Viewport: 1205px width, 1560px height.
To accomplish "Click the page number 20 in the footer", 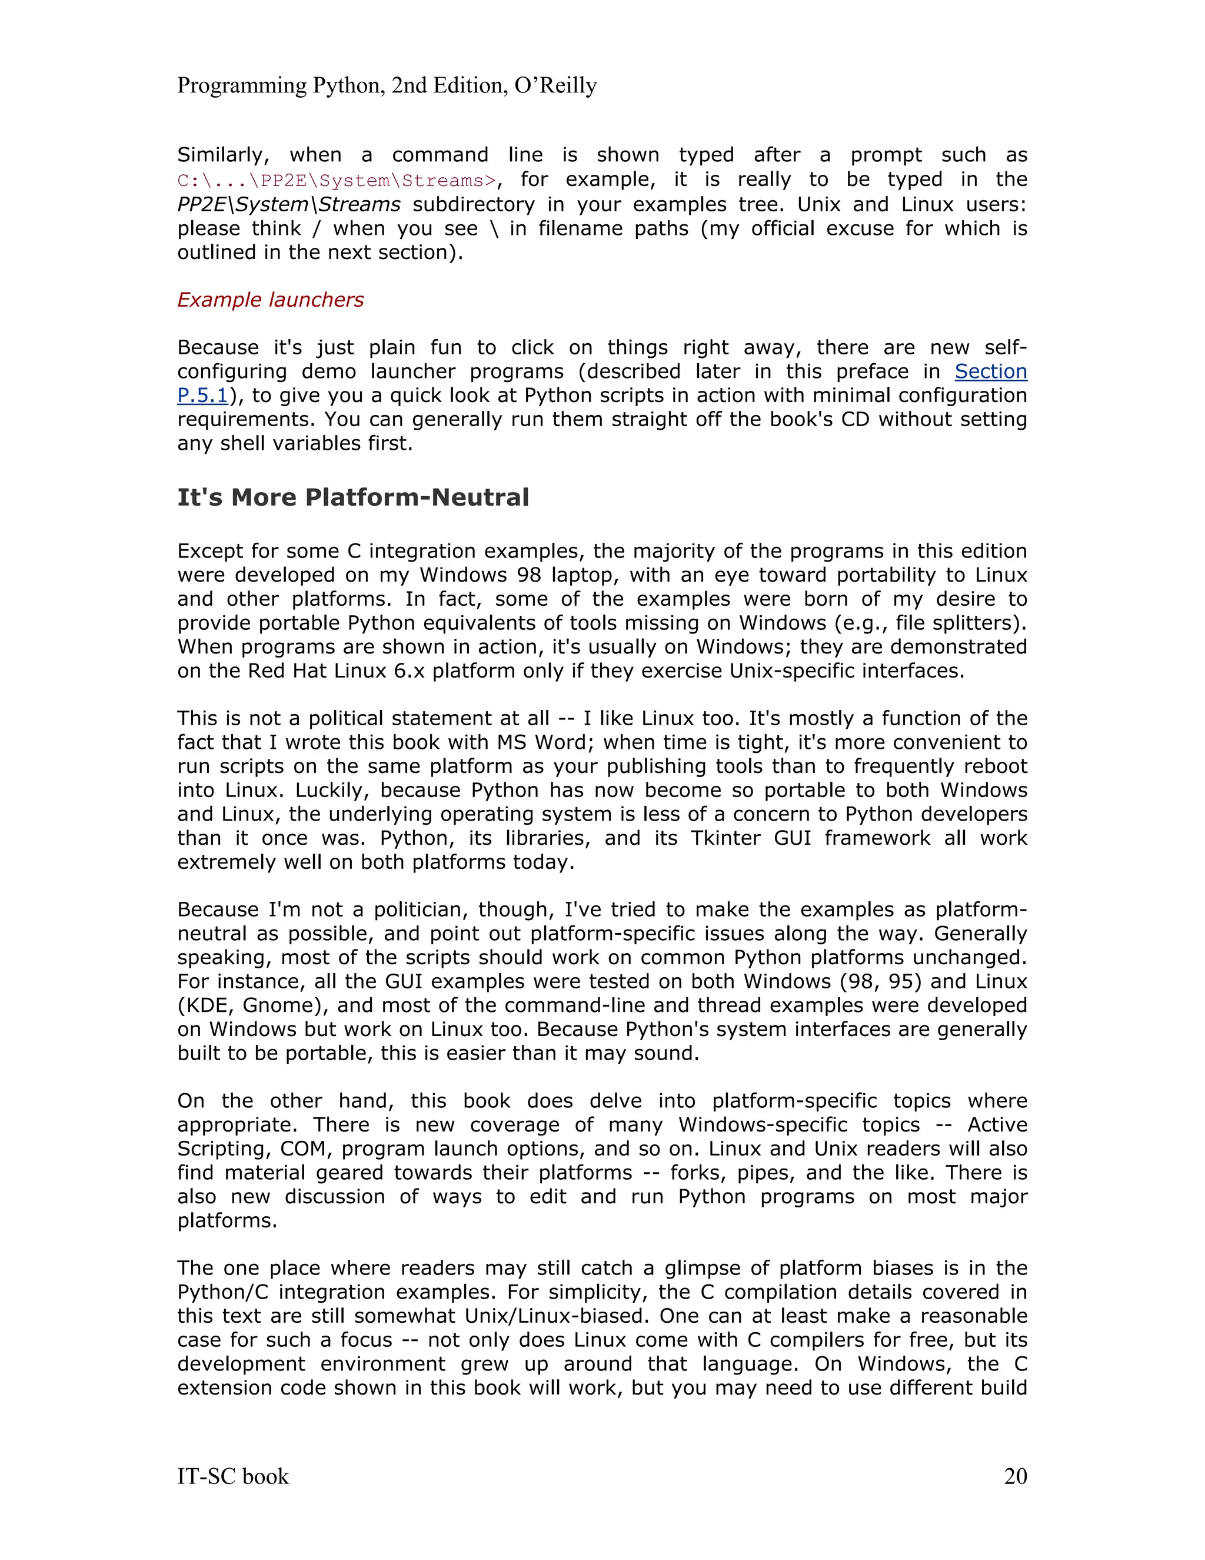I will (1015, 1476).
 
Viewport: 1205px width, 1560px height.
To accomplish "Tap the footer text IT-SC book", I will (233, 1476).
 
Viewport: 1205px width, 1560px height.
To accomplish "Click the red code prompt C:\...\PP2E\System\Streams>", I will (336, 180).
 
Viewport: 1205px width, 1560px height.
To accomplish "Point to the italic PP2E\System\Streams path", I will (288, 204).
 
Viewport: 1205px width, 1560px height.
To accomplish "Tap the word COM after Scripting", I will (304, 1149).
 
